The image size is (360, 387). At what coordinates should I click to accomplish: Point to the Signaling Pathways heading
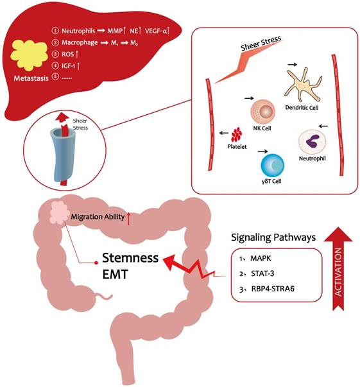coord(272,237)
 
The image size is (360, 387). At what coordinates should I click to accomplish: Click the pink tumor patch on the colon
coord(61,210)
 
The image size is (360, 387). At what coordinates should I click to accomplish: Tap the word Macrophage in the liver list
coord(83,42)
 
